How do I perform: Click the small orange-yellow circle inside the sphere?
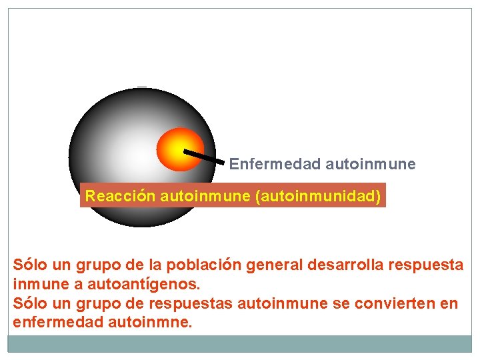pos(180,149)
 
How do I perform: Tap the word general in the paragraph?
pos(271,265)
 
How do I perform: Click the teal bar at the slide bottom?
pos(240,343)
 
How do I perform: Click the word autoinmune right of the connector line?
pos(371,164)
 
